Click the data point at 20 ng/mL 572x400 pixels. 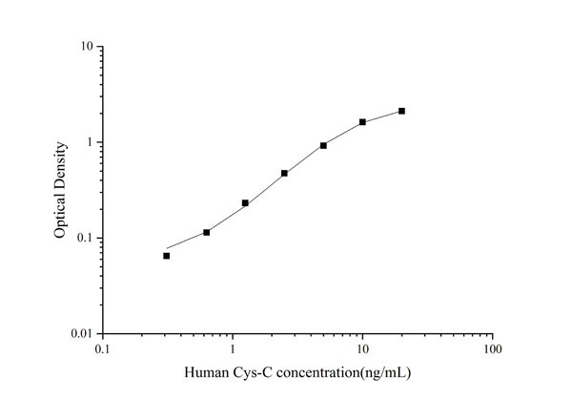pyautogui.click(x=401, y=111)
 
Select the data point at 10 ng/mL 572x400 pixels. pyautogui.click(x=362, y=122)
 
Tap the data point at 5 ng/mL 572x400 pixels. pyautogui.click(x=323, y=145)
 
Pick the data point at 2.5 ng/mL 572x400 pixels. pyautogui.click(x=284, y=173)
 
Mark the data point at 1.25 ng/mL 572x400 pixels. pyautogui.click(x=245, y=202)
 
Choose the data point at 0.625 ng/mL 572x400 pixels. pyautogui.click(x=206, y=232)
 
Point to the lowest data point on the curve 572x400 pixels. pyautogui.click(x=166, y=256)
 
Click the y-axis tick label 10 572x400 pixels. pyautogui.click(x=87, y=47)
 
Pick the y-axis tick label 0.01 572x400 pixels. pyautogui.click(x=82, y=333)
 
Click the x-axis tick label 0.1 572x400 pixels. pyautogui.click(x=102, y=349)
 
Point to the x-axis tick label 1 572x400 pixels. pyautogui.click(x=233, y=349)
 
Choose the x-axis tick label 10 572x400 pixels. pyautogui.click(x=362, y=349)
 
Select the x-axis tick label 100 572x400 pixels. pyautogui.click(x=492, y=349)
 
